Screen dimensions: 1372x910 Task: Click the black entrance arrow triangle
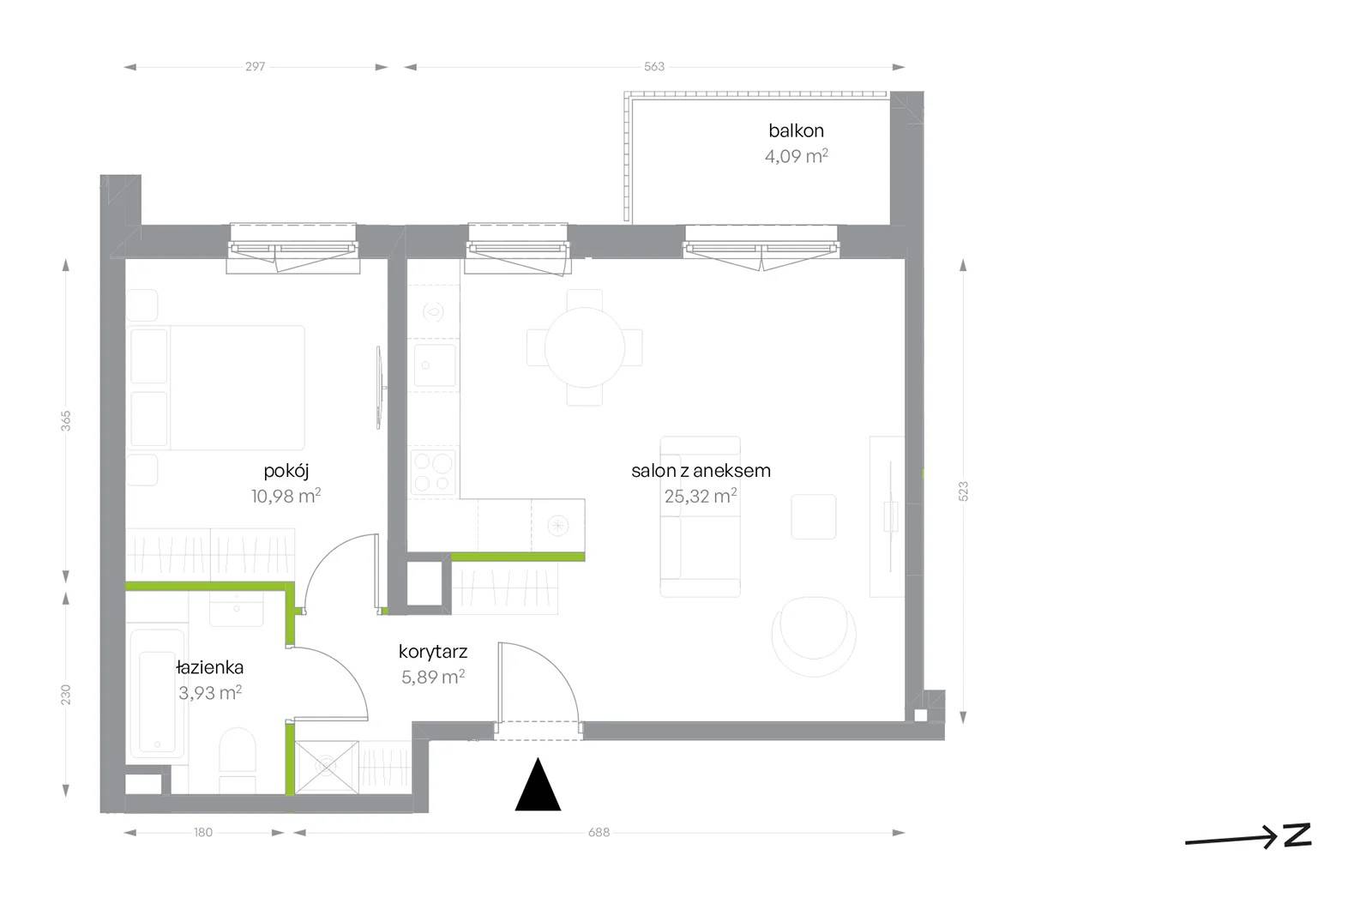[x=538, y=786]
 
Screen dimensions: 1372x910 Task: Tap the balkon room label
[x=796, y=130]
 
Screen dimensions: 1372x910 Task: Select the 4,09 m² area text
[x=797, y=156]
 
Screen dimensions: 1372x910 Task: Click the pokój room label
[x=286, y=471]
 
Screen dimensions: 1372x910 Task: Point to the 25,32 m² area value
[x=701, y=496]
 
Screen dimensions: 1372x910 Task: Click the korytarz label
[x=433, y=651]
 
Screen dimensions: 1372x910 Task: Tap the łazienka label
[x=209, y=667]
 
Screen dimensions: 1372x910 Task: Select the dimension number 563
[x=654, y=67]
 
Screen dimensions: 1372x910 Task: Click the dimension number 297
[x=256, y=67]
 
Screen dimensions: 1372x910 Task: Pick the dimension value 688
[x=599, y=832]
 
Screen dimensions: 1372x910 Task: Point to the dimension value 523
[x=963, y=491]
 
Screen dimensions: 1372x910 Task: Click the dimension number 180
[x=203, y=832]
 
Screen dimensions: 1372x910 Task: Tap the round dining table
[x=584, y=347]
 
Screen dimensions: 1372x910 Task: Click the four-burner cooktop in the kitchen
[x=434, y=471]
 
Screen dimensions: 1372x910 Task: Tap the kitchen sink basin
[x=434, y=365]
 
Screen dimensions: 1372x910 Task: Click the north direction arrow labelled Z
[x=1249, y=836]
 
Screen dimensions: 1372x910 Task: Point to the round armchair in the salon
[x=814, y=636]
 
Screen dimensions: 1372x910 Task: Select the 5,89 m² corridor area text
[x=433, y=677]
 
